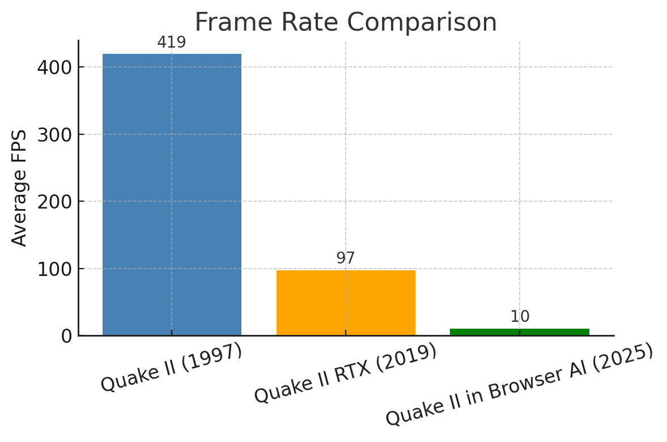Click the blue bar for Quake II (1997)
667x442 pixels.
(x=172, y=194)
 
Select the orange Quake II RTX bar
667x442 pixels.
(x=346, y=303)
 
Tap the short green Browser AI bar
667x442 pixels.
(x=520, y=332)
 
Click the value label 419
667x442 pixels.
(x=172, y=42)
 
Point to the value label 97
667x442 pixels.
(x=346, y=258)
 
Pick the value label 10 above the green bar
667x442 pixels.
(x=520, y=317)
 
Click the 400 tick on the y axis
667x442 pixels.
(x=54, y=67)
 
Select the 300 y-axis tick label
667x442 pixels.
(x=54, y=134)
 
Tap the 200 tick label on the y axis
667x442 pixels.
(x=54, y=202)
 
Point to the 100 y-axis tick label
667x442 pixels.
(x=54, y=269)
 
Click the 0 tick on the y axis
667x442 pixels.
(x=66, y=336)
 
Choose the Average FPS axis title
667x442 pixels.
(x=19, y=188)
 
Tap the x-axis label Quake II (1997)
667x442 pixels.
(x=172, y=368)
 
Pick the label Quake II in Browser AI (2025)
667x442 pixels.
(x=520, y=384)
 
